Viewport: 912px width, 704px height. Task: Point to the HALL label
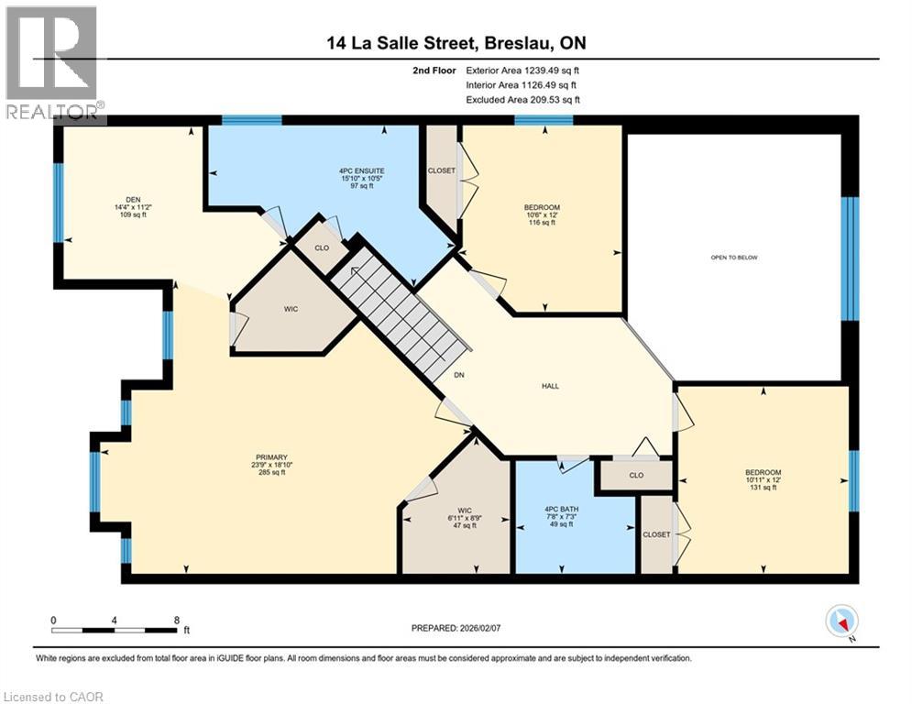tap(549, 386)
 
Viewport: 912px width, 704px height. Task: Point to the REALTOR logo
tap(53, 65)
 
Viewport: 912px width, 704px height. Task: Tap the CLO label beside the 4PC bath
tap(636, 475)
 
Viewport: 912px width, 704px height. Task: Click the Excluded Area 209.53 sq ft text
tap(523, 100)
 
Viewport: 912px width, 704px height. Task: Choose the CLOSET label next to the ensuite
tap(442, 170)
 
